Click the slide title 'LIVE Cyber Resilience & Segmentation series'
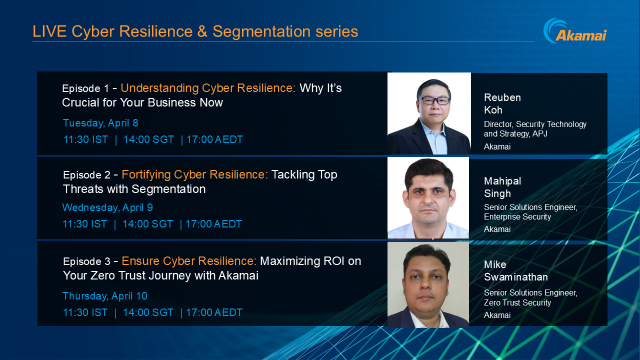pos(195,32)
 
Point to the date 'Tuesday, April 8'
pos(100,122)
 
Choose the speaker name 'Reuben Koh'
pos(503,93)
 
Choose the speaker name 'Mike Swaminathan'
pos(520,266)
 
